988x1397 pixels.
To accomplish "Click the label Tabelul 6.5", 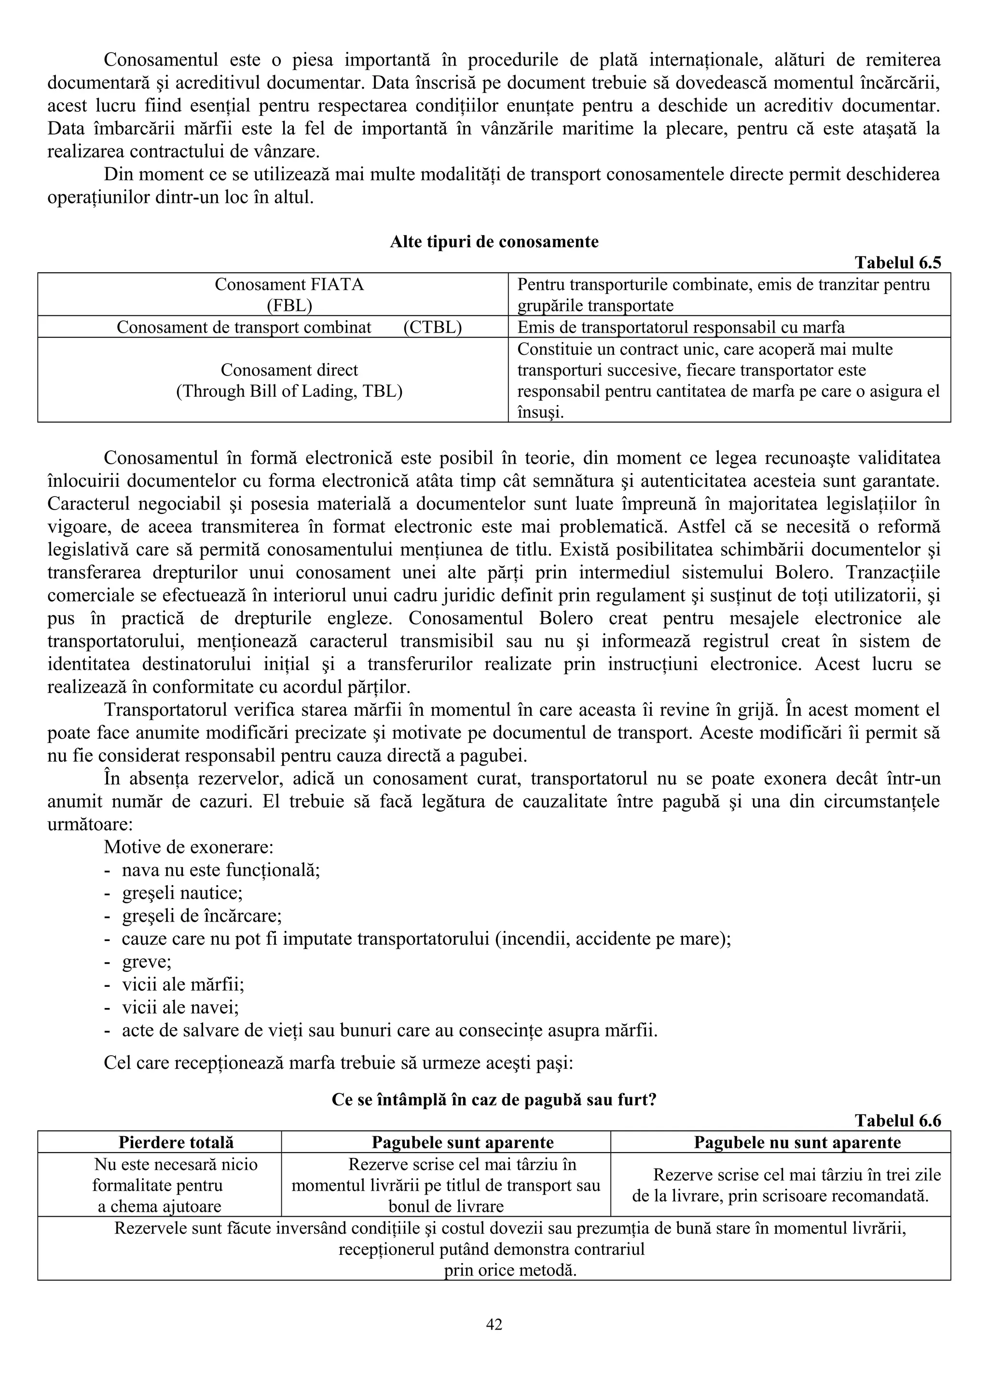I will [x=897, y=262].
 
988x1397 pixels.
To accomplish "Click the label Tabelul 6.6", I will [x=897, y=1120].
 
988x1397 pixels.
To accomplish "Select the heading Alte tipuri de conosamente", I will [x=494, y=242].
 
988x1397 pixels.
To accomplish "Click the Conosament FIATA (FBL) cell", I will [x=289, y=295].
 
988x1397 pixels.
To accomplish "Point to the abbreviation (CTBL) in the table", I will [x=432, y=327].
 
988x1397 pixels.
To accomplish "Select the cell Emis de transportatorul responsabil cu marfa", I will [x=681, y=327].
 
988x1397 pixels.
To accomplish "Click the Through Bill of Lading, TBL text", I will [x=289, y=390].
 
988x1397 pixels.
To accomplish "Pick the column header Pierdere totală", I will [x=176, y=1142].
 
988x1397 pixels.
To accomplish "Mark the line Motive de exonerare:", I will [x=188, y=847].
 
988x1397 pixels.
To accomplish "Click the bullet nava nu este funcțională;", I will [x=220, y=870].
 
